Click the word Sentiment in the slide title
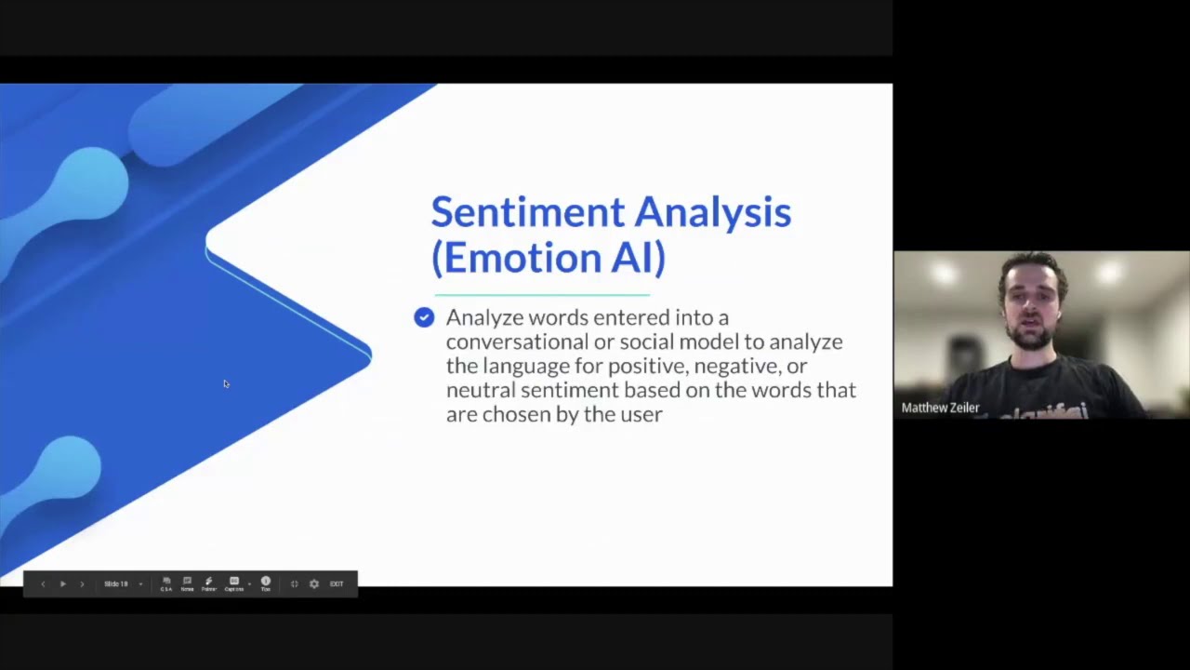[x=527, y=213]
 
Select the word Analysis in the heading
[x=713, y=213]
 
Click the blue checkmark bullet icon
[x=424, y=318]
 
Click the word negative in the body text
[x=736, y=366]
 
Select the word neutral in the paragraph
[x=481, y=390]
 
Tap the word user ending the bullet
[x=641, y=414]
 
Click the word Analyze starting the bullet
[x=484, y=318]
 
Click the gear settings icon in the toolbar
[x=314, y=583]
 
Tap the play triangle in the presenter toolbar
[x=62, y=583]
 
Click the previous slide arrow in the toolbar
[x=43, y=583]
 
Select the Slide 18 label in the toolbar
[x=116, y=583]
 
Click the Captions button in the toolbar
[x=234, y=583]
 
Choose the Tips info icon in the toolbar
[x=265, y=583]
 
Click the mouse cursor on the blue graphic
[x=226, y=383]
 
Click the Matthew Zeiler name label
[x=940, y=408]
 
